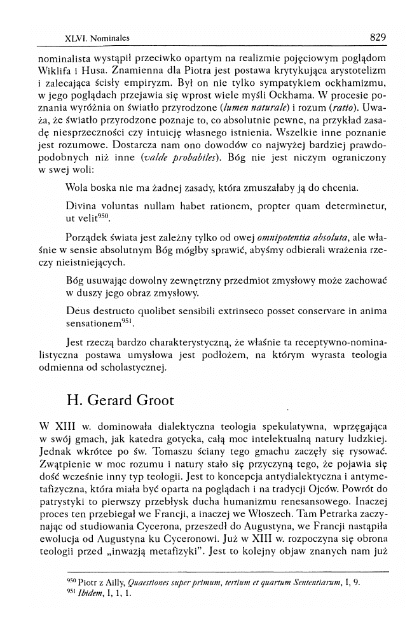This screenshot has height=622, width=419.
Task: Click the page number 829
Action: (377, 37)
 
